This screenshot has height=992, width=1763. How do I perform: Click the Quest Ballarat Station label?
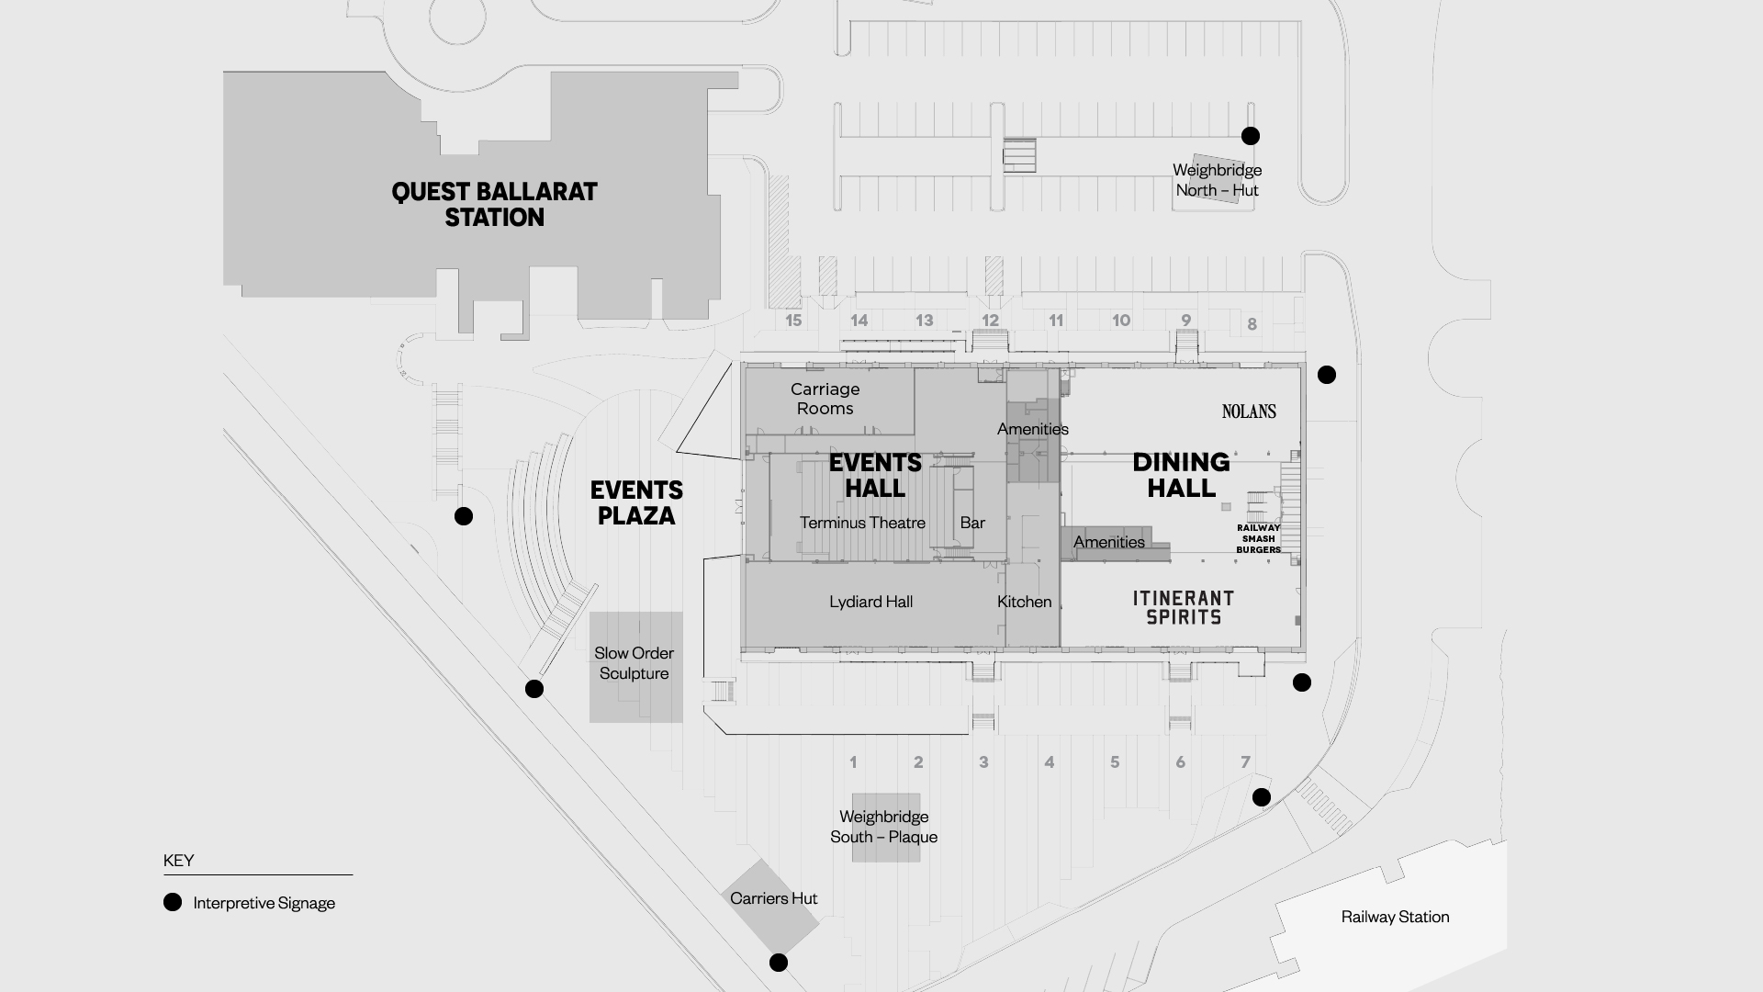point(494,204)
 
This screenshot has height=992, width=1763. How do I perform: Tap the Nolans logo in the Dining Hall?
point(1249,411)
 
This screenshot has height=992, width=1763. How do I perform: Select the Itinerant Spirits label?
point(1184,607)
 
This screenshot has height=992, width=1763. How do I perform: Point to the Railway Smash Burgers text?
point(1258,539)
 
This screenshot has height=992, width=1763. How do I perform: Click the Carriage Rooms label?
point(825,399)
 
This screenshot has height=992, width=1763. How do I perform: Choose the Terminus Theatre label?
point(862,523)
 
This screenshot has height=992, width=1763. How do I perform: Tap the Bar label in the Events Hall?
point(972,523)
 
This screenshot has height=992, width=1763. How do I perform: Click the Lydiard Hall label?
point(870,602)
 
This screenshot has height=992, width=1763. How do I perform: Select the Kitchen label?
point(1025,602)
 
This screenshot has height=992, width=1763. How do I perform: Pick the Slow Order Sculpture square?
point(635,667)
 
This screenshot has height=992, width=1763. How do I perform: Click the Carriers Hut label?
point(774,898)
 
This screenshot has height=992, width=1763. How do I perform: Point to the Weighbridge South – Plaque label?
point(884,827)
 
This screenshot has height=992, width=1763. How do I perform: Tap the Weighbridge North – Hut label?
point(1218,180)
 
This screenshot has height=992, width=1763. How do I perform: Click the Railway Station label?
point(1395,917)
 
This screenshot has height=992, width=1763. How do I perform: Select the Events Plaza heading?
point(636,502)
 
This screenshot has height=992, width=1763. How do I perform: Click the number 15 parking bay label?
point(793,321)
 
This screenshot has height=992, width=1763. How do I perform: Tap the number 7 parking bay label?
point(1245,761)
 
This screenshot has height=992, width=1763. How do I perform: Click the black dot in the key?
point(173,902)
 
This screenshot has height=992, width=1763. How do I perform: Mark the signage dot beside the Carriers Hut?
point(779,963)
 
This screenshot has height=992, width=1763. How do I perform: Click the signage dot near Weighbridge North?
point(1250,136)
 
